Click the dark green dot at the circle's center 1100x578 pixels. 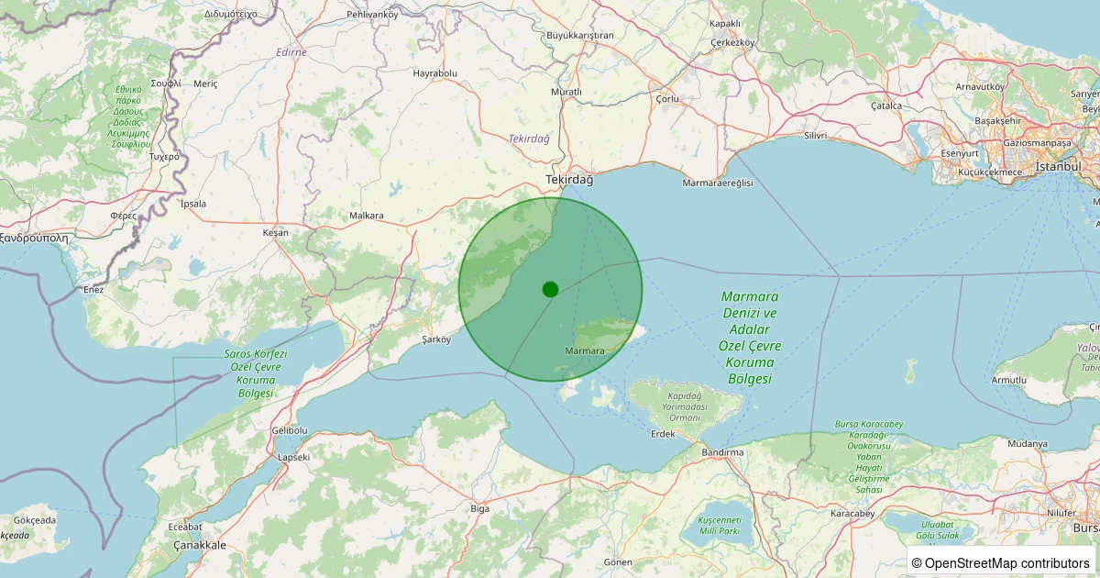[550, 289]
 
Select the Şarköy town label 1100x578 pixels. [436, 339]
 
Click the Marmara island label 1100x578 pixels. [585, 351]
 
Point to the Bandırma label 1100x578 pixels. [722, 452]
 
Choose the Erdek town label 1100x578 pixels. [662, 434]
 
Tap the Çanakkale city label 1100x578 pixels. [200, 545]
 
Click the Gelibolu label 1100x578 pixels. [290, 430]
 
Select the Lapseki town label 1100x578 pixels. [293, 456]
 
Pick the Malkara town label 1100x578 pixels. [367, 216]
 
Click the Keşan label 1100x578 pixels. [275, 233]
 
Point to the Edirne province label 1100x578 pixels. [291, 52]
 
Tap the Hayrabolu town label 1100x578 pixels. [434, 72]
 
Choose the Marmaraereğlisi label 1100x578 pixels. [718, 183]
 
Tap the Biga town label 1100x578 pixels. [479, 508]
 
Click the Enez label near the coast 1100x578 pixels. [93, 290]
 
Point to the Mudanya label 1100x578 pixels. [1027, 444]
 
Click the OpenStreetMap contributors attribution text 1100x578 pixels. [1001, 563]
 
